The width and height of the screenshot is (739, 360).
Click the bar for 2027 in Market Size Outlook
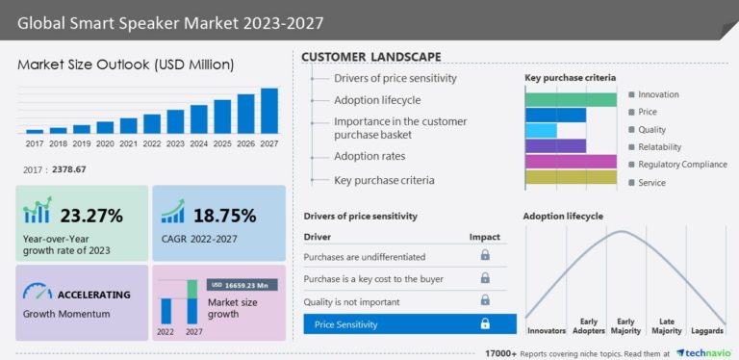point(269,111)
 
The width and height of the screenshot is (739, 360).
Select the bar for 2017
point(35,131)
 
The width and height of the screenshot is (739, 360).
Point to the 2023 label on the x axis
point(175,143)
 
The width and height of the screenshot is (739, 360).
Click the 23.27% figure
point(91,216)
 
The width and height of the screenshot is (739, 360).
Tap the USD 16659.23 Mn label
point(243,285)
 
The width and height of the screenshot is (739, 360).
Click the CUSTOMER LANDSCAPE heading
point(371,57)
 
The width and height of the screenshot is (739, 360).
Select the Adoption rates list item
point(369,156)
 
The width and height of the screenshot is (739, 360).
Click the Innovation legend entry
point(658,94)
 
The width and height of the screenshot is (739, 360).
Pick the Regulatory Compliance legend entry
point(682,164)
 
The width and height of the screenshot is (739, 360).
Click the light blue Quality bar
point(541,130)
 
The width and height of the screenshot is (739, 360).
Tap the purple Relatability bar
point(555,146)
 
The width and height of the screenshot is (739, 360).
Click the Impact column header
point(484,236)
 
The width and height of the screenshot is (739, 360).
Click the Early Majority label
point(626,326)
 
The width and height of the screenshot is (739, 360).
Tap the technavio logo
point(706,352)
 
